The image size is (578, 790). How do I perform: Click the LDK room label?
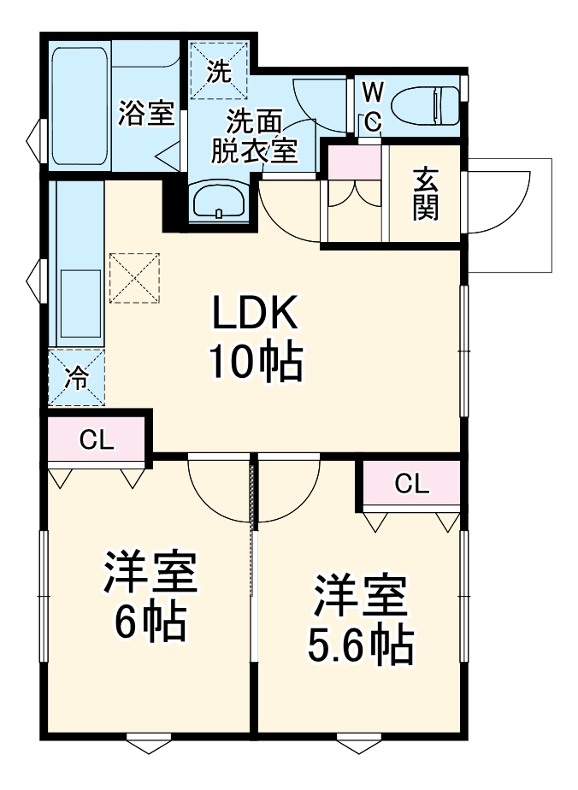[x=255, y=312]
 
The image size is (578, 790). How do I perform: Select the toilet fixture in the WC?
[x=427, y=105]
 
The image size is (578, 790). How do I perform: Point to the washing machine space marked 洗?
[x=220, y=70]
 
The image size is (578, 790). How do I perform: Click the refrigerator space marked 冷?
[x=77, y=377]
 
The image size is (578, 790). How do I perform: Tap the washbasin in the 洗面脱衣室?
[x=219, y=202]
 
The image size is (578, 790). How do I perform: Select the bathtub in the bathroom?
[x=80, y=106]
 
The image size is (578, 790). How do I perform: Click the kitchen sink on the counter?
[x=80, y=304]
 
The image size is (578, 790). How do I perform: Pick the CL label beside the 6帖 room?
[x=97, y=441]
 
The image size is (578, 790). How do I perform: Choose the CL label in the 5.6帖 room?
[x=412, y=484]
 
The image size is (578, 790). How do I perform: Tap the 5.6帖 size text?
[x=360, y=646]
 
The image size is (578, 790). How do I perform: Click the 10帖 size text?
[x=256, y=361]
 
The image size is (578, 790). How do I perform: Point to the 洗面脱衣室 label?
[x=254, y=136]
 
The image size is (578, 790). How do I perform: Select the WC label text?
[x=373, y=107]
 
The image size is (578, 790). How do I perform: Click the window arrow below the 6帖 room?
[x=149, y=744]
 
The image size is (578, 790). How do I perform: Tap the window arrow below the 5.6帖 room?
[x=358, y=744]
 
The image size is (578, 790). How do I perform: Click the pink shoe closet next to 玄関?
[x=354, y=162]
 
